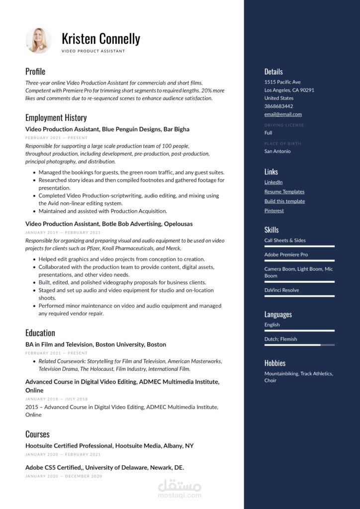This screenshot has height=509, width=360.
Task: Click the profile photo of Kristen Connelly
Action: pyautogui.click(x=38, y=41)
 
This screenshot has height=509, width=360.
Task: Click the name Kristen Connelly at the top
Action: pyautogui.click(x=100, y=38)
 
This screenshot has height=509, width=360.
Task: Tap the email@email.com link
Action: pyautogui.click(x=283, y=114)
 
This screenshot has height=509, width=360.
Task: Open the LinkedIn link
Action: pyautogui.click(x=273, y=182)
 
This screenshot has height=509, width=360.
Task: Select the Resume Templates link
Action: pyautogui.click(x=284, y=192)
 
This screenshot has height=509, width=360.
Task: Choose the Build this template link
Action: pyautogui.click(x=284, y=201)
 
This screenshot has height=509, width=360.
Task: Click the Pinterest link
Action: pyautogui.click(x=274, y=211)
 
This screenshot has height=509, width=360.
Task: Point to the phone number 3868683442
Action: pyautogui.click(x=278, y=106)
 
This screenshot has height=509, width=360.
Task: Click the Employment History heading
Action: pyautogui.click(x=56, y=118)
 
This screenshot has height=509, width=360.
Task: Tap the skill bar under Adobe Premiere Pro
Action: pyautogui.click(x=299, y=260)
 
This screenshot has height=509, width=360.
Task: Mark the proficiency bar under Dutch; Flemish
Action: pyautogui.click(x=299, y=345)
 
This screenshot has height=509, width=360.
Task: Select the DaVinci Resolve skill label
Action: pyautogui.click(x=281, y=290)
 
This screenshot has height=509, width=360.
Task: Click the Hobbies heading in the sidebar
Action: pyautogui.click(x=274, y=363)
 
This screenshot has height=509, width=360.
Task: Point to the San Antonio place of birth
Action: pyautogui.click(x=277, y=151)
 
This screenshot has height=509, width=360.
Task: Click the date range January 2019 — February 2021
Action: pyautogui.click(x=63, y=233)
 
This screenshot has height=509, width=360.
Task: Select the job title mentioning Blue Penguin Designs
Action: pyautogui.click(x=107, y=129)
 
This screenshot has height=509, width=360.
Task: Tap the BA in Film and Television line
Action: pyautogui.click(x=95, y=344)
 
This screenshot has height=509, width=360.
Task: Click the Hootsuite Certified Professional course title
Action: pyautogui.click(x=109, y=446)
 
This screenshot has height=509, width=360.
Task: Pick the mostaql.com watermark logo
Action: pyautogui.click(x=180, y=488)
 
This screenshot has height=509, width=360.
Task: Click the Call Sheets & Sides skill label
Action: pyautogui.click(x=285, y=241)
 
